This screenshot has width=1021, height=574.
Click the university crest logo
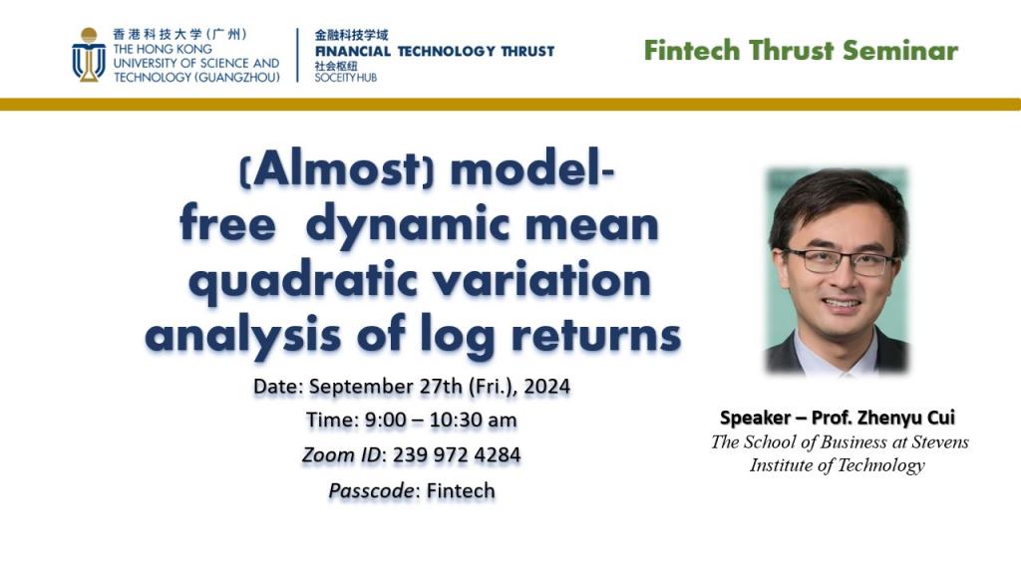[89, 55]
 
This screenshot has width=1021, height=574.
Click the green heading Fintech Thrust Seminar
[801, 51]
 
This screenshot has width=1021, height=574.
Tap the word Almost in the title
[336, 169]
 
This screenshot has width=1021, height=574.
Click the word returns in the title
[596, 336]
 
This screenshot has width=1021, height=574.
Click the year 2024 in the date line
[547, 387]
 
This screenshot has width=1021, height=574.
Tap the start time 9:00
[385, 421]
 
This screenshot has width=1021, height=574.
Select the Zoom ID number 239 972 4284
[457, 454]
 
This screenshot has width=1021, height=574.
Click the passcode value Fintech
[461, 490]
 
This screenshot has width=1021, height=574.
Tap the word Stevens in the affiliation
[939, 441]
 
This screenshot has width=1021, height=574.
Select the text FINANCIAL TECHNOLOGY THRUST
[435, 52]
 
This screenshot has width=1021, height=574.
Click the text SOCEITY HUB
[346, 78]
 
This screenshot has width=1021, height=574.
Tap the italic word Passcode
[371, 490]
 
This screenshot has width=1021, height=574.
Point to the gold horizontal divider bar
[510, 104]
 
